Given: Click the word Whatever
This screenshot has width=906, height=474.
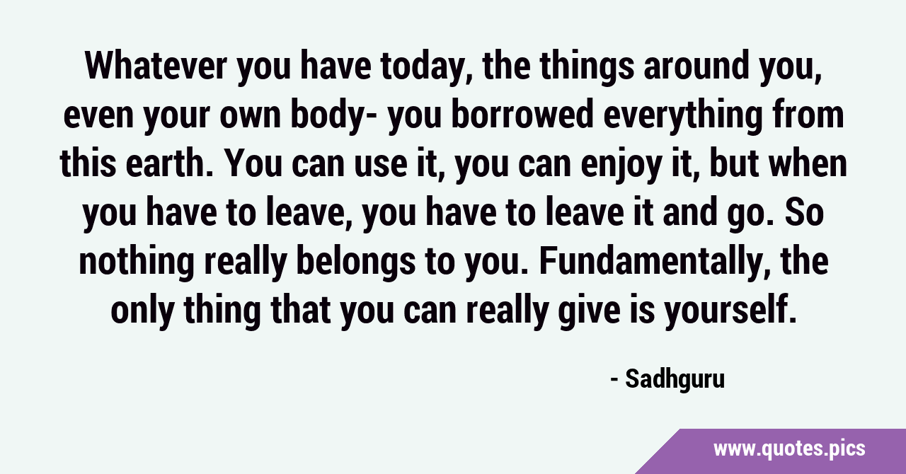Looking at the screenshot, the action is (x=156, y=66).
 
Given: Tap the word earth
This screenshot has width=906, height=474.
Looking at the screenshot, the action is (x=169, y=163).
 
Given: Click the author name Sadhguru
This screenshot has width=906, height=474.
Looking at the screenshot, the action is (x=675, y=380).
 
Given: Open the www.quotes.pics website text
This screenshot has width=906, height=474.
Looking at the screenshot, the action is (x=789, y=449).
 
